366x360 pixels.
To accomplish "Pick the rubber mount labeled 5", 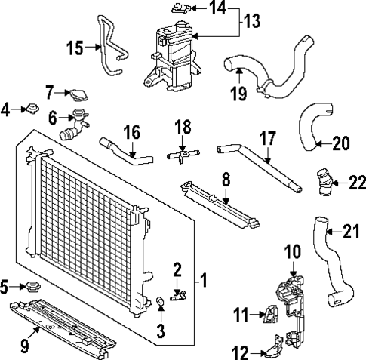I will (x=31, y=288).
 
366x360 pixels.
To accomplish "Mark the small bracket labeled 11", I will (x=267, y=312).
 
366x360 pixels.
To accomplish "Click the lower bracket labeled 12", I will (x=269, y=351).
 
